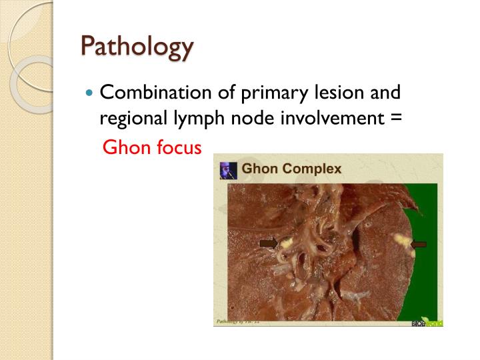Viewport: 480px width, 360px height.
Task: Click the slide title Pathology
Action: [x=137, y=47]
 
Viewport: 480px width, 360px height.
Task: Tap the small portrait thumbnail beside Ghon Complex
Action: [x=228, y=170]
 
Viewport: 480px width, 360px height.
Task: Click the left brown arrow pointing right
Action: [x=269, y=243]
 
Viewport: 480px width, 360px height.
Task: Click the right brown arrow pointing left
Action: [x=419, y=244]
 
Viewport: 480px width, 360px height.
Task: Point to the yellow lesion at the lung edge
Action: [x=401, y=240]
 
